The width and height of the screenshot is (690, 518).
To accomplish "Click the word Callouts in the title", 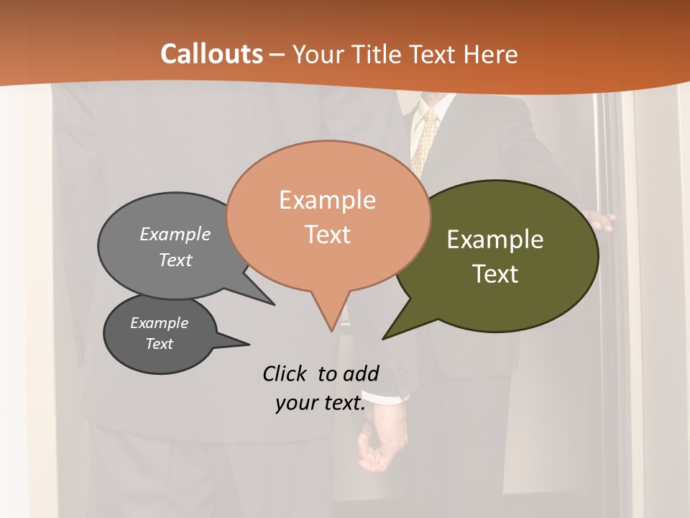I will tap(211, 54).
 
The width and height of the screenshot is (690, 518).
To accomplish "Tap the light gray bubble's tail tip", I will tap(273, 304).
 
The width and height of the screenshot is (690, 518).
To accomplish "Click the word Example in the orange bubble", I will tap(327, 200).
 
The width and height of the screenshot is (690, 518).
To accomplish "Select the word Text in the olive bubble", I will tap(495, 274).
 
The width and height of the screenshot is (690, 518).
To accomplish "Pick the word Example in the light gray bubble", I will tap(175, 235).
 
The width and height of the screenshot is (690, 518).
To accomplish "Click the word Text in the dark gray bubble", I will tap(160, 344).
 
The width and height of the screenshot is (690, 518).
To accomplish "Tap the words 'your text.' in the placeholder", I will tap(321, 403).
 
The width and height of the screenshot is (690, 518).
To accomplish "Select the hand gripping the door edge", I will tap(600, 221).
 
